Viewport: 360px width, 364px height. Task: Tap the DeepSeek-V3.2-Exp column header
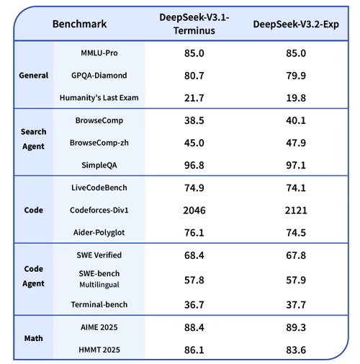[x=295, y=24]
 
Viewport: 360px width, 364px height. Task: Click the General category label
[x=33, y=75]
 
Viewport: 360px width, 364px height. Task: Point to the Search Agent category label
[x=33, y=139]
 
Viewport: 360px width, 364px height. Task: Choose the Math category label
[x=33, y=338]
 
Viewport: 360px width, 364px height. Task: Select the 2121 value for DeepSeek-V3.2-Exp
[x=295, y=210]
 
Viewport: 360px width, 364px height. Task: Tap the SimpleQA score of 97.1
[x=295, y=165]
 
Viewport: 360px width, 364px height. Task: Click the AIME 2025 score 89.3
[x=295, y=327]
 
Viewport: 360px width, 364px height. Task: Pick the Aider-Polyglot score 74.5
[x=295, y=232]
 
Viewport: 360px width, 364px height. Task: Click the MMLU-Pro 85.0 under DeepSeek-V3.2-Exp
[x=295, y=53]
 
